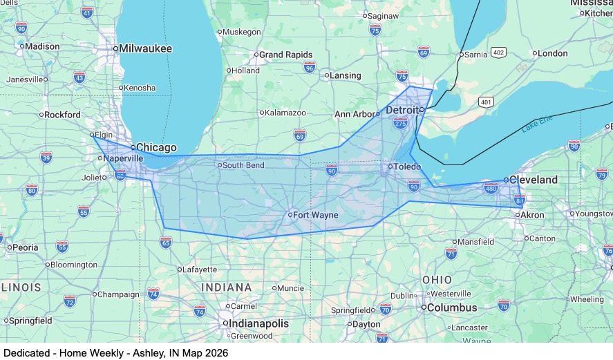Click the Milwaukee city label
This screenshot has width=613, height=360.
point(145,48)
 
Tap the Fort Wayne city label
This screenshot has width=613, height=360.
point(315,215)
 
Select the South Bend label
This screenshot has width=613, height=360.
point(243,165)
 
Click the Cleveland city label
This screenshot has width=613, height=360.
point(534,180)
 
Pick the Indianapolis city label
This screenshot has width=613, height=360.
point(259,323)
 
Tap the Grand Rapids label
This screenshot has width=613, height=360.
point(285,55)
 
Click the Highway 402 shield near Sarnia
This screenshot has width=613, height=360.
point(498,53)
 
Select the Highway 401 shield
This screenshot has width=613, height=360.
point(487,102)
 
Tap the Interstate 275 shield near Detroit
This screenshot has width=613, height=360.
point(400,124)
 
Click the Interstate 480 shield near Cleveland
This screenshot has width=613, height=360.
point(491,188)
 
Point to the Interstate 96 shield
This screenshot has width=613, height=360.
point(310,67)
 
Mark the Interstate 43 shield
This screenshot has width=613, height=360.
point(79,77)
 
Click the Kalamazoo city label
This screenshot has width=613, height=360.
point(286,113)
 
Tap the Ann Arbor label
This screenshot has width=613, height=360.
point(354,114)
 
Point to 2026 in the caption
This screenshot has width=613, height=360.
point(216,352)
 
